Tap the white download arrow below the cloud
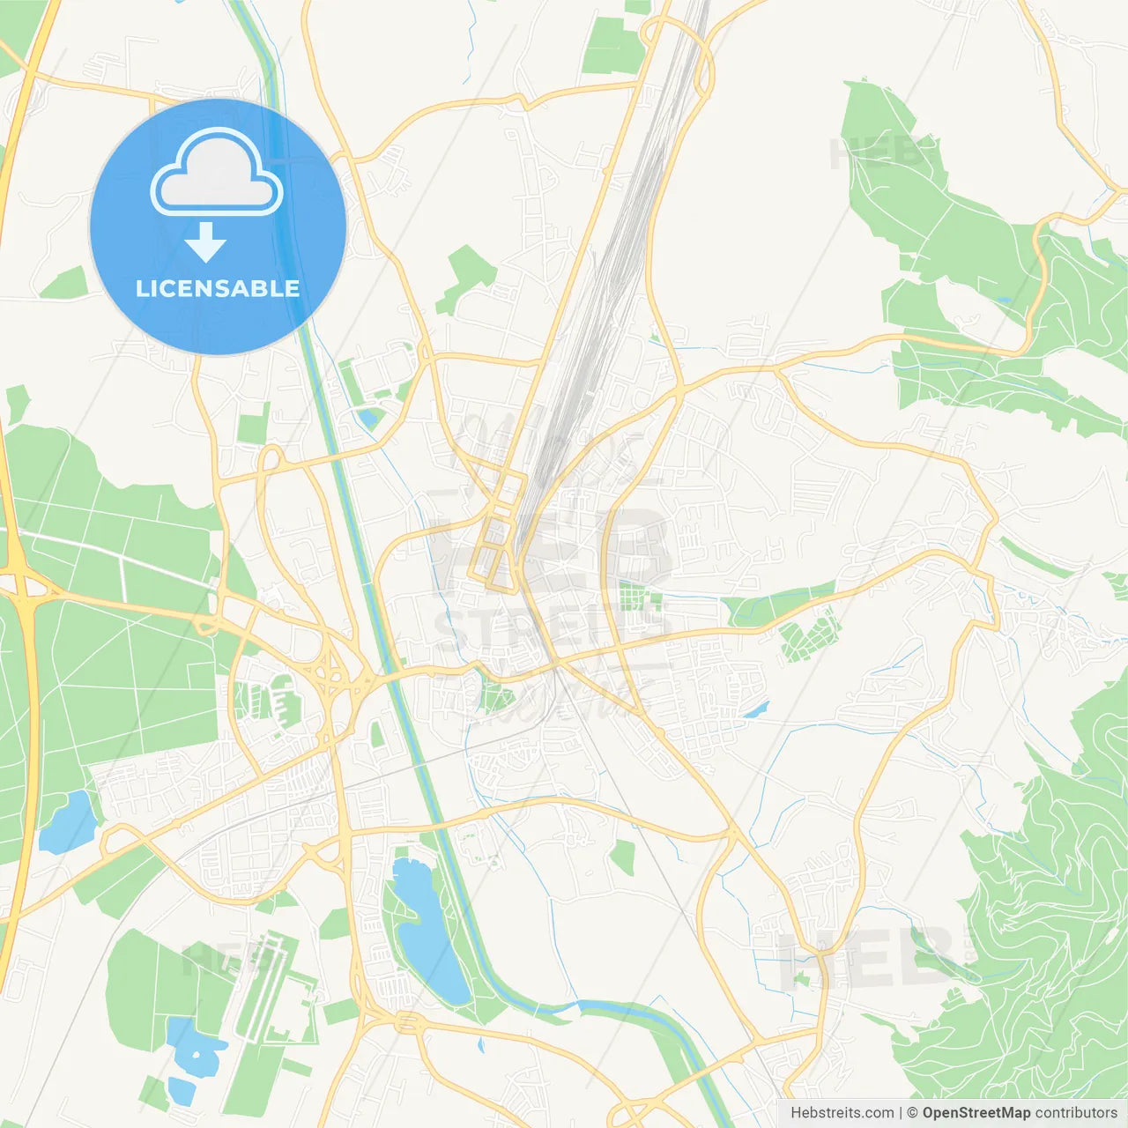pyautogui.click(x=205, y=242)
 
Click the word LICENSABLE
pyautogui.click(x=218, y=288)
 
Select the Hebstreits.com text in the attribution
pyautogui.click(x=842, y=1113)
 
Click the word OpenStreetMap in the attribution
pyautogui.click(x=976, y=1113)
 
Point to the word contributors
pyautogui.click(x=1076, y=1113)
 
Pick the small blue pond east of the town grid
pyautogui.click(x=756, y=709)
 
